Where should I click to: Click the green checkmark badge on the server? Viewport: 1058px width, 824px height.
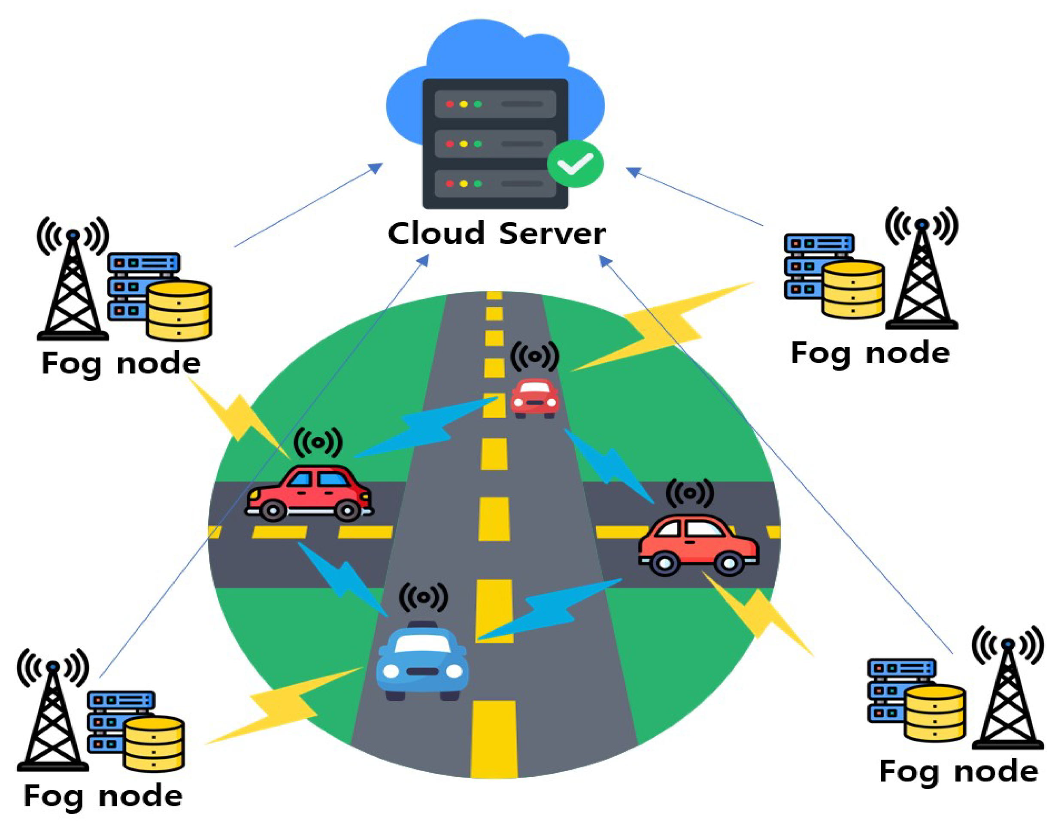point(575,164)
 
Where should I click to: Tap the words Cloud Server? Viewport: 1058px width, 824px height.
point(497,233)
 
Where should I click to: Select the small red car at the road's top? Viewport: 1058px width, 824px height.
point(535,398)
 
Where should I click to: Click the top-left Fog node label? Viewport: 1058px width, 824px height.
point(121,364)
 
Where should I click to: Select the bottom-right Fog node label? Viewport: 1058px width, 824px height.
point(958,771)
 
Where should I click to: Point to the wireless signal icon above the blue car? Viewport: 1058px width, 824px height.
point(423,597)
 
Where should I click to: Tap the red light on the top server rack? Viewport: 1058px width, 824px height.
point(449,104)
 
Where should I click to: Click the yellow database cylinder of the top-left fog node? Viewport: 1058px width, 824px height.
point(179,310)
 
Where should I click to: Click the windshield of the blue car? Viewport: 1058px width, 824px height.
point(423,643)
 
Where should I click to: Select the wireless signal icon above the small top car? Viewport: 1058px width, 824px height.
point(535,357)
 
